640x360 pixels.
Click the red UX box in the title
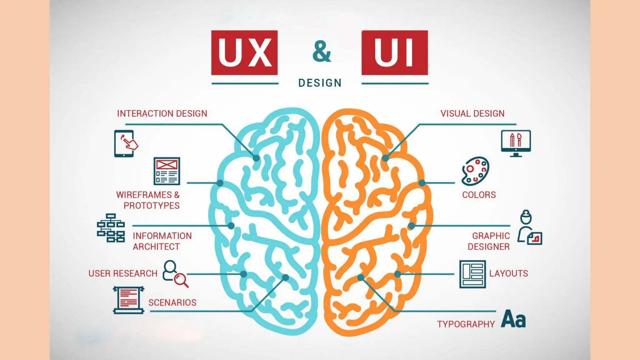click(x=244, y=52)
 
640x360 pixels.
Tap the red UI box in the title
click(x=394, y=52)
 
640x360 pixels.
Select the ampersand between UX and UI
click(x=321, y=52)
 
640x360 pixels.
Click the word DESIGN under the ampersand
click(x=320, y=83)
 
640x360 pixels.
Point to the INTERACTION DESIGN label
click(x=162, y=113)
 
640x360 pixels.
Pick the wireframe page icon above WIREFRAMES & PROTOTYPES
click(x=167, y=171)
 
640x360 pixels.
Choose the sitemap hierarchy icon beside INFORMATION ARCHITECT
click(x=111, y=228)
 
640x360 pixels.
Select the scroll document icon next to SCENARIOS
click(x=128, y=300)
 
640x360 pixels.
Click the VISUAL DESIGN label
click(x=472, y=113)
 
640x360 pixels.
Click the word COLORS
click(x=479, y=195)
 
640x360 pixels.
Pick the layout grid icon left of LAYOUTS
click(x=472, y=274)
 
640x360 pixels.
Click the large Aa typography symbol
click(x=513, y=319)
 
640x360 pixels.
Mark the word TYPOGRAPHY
click(x=466, y=324)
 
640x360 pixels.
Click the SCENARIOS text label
click(x=172, y=302)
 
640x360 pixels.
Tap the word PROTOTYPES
click(x=152, y=206)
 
